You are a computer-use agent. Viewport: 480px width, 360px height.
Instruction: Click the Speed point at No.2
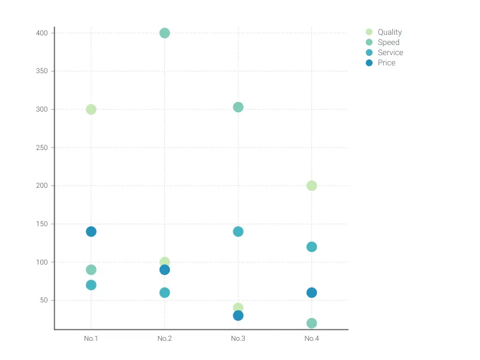[x=164, y=33]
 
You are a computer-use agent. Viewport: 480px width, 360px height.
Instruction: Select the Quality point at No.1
[x=91, y=109]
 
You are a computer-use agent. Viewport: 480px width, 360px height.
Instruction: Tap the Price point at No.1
[x=91, y=232]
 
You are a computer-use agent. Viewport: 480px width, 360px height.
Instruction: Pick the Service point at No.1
[x=91, y=285]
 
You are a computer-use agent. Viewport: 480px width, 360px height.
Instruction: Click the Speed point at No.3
[x=238, y=107]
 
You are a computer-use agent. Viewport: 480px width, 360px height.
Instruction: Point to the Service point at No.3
[x=238, y=232]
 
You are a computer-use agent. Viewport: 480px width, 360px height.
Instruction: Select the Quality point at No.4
[x=311, y=186]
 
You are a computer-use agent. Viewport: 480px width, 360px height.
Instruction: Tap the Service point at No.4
[x=311, y=247]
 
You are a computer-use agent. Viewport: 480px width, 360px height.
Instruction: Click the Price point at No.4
[x=311, y=293]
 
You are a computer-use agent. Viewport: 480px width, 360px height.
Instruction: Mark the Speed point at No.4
[x=311, y=323]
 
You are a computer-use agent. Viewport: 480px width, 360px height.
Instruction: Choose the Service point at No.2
[x=164, y=293]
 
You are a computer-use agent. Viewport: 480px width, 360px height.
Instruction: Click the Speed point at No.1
[x=91, y=270]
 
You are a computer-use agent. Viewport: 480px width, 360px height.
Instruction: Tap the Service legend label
[x=390, y=53]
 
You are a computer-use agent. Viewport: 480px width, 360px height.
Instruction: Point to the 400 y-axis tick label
[x=42, y=33]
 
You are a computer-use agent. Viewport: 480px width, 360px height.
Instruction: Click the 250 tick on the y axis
[x=42, y=148]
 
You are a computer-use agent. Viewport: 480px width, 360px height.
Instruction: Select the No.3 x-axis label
[x=238, y=338]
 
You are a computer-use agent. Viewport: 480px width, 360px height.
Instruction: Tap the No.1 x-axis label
[x=91, y=338]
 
